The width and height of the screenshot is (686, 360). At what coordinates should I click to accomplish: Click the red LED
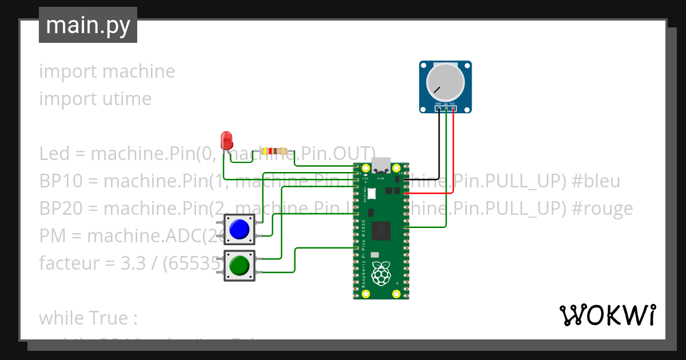click(x=226, y=139)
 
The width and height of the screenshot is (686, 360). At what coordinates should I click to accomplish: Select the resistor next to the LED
click(x=274, y=151)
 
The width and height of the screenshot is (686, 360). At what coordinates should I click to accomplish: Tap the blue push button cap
click(x=239, y=229)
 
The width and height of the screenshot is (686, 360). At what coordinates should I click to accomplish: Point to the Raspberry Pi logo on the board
click(x=381, y=274)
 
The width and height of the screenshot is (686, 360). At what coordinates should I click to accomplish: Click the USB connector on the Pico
click(x=381, y=166)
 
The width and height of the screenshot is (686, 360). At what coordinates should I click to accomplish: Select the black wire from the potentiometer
click(x=439, y=143)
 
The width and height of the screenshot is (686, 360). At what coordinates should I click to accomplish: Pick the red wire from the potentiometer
click(x=454, y=149)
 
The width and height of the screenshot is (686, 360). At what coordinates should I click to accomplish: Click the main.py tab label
click(x=88, y=25)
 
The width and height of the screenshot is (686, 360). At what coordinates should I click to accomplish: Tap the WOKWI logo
click(x=608, y=315)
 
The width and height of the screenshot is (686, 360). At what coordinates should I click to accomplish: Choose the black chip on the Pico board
click(x=381, y=231)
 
